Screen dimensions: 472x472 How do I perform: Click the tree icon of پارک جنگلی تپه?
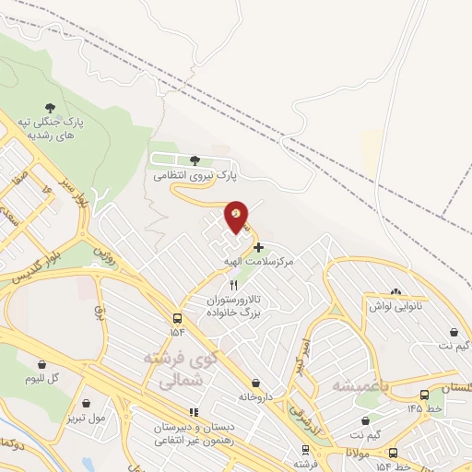point(50,108)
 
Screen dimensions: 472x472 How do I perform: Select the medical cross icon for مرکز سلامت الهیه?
point(258,247)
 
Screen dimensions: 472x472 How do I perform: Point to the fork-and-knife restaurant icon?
point(233,285)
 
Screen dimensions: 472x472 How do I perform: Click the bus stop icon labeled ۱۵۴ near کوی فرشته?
point(177,316)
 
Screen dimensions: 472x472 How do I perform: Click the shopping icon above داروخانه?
point(255,383)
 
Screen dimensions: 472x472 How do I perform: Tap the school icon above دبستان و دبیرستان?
point(193,411)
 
